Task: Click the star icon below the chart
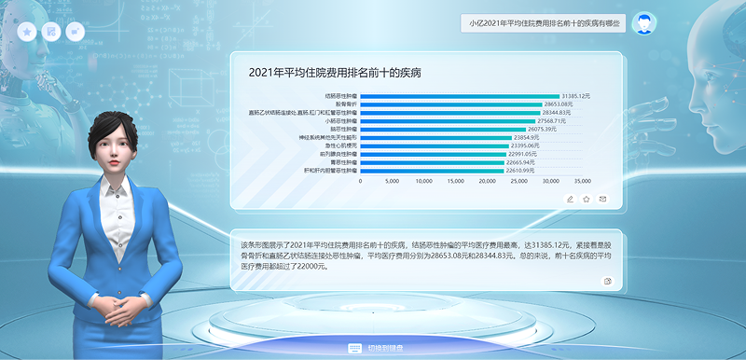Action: [587, 199]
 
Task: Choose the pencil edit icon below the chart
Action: [570, 199]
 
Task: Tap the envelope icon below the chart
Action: [602, 199]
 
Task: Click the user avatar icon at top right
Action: [642, 23]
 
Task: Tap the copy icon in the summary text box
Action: [608, 280]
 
